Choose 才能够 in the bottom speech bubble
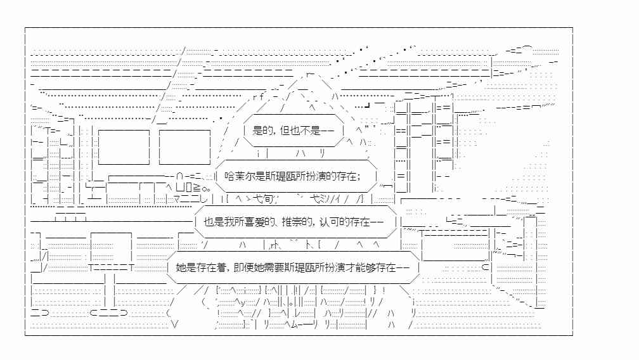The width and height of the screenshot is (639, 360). point(361,267)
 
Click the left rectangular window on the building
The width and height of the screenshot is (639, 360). point(124,147)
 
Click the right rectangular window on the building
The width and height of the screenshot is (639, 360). point(184,147)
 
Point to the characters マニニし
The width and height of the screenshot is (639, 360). point(191,199)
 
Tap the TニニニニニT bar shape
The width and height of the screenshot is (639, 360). point(112,267)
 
